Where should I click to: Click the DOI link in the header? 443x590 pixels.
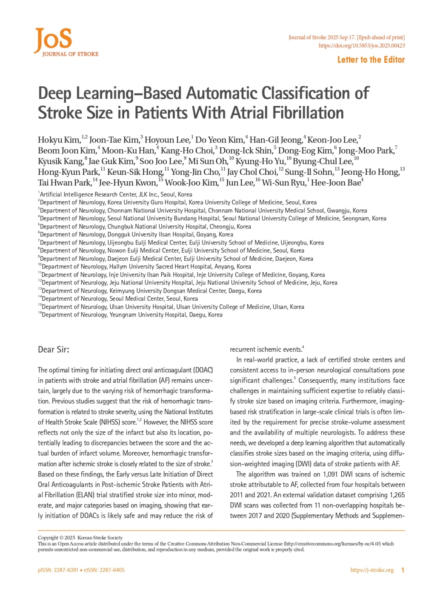[362, 46]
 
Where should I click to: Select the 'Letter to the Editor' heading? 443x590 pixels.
[371, 60]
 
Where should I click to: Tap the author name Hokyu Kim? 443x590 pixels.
[59, 140]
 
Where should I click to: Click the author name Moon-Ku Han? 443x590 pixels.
[128, 151]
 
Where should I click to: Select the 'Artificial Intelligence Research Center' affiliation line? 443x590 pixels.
[116, 194]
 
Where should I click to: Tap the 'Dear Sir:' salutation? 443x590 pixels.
[54, 349]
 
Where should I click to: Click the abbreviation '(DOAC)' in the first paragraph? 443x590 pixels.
[203, 370]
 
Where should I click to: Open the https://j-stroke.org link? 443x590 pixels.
[372, 570]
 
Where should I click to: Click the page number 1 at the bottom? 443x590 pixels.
[403, 570]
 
